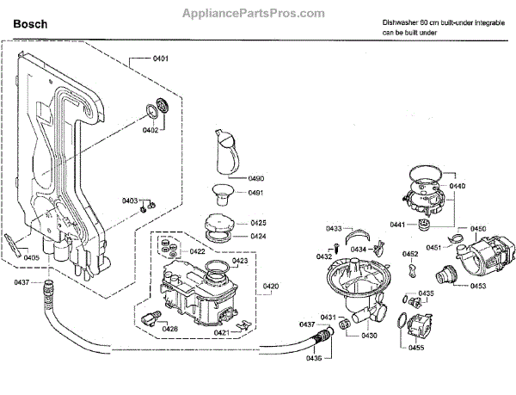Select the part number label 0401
tap(160, 59)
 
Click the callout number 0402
tap(150, 131)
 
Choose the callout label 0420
tap(270, 286)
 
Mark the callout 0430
tap(369, 336)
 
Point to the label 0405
tap(31, 257)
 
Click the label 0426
tap(170, 329)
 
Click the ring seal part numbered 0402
tap(156, 108)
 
